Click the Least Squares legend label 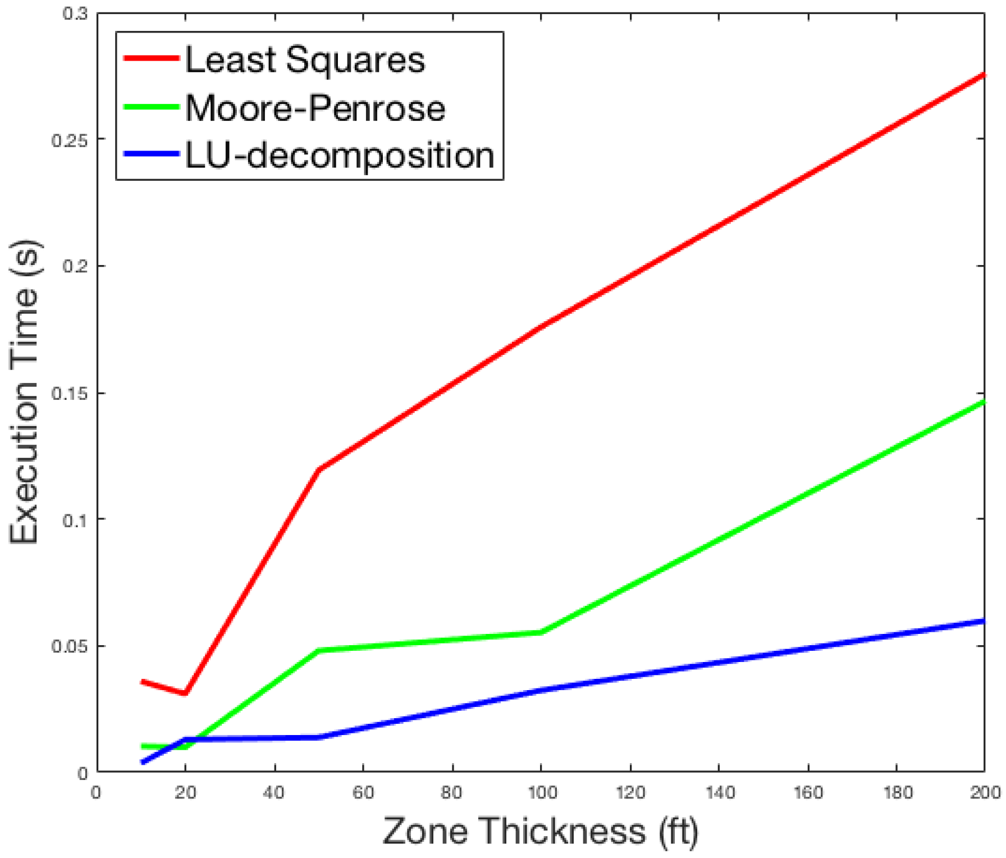305,60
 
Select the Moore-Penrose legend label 315,108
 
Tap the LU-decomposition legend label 340,156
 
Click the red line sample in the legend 150,58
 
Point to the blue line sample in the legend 150,154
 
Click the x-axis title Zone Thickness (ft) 541,830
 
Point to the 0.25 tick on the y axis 70,140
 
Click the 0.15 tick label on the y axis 70,393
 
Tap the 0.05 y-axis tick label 70,646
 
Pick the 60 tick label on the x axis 363,792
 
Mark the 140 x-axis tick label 719,792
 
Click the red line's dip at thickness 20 185,693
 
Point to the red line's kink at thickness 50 318,469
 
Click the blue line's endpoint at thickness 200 984,621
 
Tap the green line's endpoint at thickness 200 984,401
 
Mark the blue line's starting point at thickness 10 143,762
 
